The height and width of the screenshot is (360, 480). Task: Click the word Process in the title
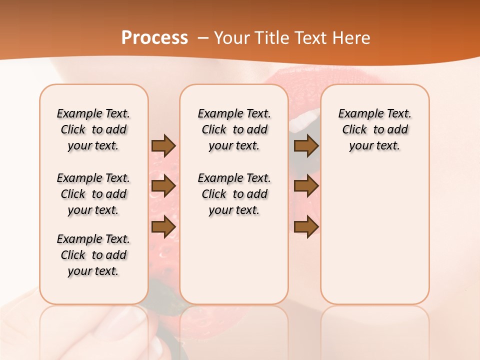click(154, 38)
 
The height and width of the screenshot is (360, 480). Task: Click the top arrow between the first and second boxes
click(163, 145)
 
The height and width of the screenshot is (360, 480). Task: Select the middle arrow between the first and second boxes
click(163, 186)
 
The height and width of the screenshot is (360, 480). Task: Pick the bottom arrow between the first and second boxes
click(163, 226)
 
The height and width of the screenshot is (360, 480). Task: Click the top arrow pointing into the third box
click(306, 145)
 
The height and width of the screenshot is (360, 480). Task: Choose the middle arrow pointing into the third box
click(306, 186)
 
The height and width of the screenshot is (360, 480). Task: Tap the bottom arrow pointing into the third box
click(306, 226)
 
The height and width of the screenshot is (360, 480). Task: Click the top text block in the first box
click(93, 129)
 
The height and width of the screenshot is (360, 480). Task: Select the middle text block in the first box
click(93, 194)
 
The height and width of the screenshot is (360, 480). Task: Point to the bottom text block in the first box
click(93, 255)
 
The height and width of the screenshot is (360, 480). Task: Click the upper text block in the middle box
click(234, 129)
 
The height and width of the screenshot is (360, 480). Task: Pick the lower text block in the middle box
click(234, 194)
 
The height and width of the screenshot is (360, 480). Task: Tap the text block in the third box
click(374, 129)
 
